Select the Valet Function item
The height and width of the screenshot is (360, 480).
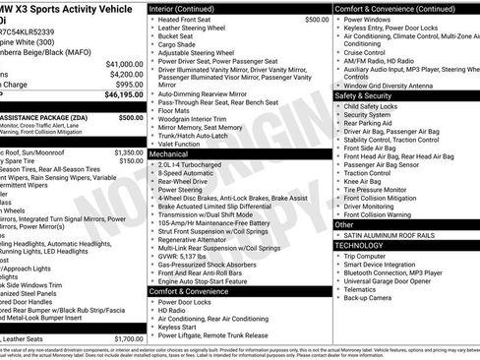click(x=186, y=145)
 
